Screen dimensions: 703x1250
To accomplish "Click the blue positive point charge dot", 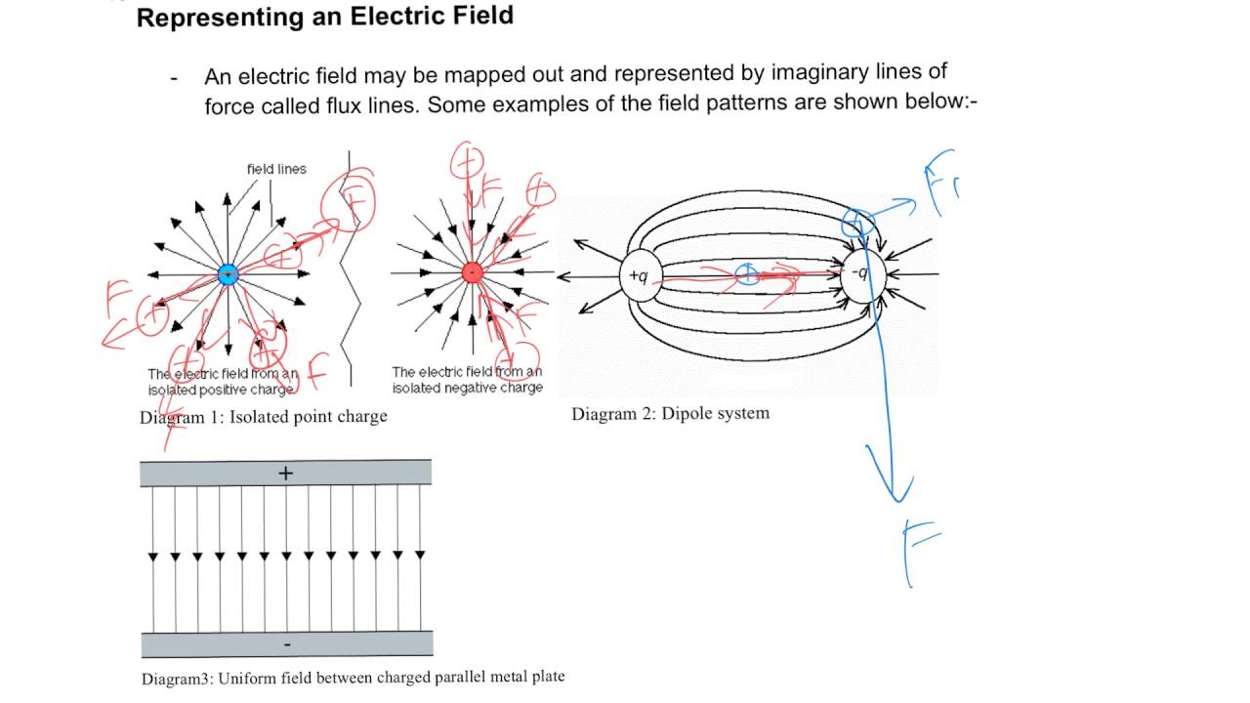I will click(x=228, y=274).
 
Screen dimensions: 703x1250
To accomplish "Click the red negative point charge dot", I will click(x=472, y=272).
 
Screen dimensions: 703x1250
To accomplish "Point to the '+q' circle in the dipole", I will click(x=638, y=275).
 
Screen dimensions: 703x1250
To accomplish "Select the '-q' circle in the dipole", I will click(x=861, y=273).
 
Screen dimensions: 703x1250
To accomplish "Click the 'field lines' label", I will click(x=276, y=169).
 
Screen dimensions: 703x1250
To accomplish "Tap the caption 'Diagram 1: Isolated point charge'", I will click(x=263, y=417).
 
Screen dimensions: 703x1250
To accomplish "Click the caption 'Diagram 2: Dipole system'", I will click(x=670, y=413).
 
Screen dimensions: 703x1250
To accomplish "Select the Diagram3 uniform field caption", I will click(x=353, y=677).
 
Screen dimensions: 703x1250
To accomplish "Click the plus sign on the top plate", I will click(x=285, y=474).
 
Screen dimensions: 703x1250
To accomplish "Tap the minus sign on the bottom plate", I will click(x=285, y=645).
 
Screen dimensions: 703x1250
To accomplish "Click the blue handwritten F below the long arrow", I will click(x=920, y=553).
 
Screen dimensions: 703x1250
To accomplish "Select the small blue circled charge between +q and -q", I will click(x=746, y=274).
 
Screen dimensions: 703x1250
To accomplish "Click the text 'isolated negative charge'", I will click(x=467, y=388).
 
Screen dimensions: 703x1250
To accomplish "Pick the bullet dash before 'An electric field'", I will click(x=174, y=77).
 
